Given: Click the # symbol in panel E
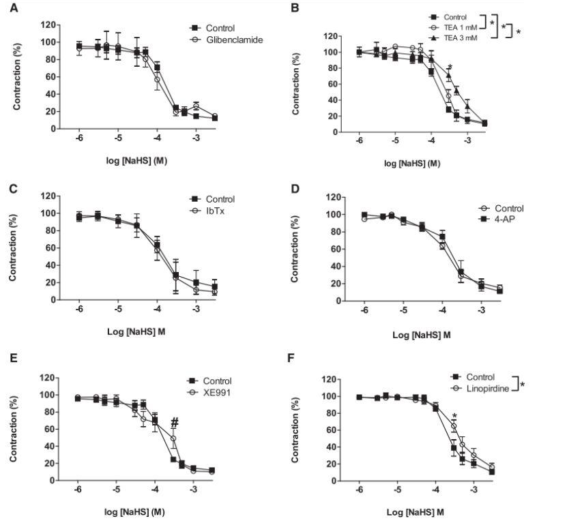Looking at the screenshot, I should tap(175, 422).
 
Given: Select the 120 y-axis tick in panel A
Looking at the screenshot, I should tap(48, 25).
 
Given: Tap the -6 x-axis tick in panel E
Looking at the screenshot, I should tap(78, 490).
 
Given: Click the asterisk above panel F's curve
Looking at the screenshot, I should tap(454, 416).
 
